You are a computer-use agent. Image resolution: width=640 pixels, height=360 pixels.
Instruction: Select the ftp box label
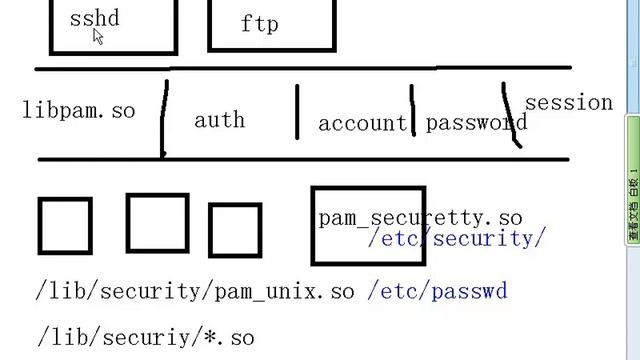(259, 23)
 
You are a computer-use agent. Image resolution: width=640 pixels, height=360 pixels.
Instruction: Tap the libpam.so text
(78, 111)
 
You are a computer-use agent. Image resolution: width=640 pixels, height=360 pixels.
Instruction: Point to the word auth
(219, 120)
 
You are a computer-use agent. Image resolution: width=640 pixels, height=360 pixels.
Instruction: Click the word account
(362, 124)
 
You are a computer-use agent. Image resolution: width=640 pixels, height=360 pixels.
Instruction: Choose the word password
(475, 123)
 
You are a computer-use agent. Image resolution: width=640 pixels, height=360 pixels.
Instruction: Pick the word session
(568, 102)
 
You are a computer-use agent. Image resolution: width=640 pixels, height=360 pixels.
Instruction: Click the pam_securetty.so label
(420, 217)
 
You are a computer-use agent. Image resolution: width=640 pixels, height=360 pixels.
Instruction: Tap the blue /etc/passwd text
(437, 291)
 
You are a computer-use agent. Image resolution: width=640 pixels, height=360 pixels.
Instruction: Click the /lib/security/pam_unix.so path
(195, 291)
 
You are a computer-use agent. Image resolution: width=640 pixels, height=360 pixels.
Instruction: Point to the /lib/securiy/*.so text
(146, 337)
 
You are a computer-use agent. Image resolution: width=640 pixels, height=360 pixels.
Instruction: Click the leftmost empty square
(65, 226)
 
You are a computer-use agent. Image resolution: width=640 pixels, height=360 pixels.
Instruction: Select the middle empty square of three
(157, 223)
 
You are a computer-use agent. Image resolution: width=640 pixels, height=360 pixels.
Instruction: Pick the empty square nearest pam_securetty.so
(235, 231)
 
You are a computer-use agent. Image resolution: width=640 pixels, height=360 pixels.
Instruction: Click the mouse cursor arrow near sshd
(98, 36)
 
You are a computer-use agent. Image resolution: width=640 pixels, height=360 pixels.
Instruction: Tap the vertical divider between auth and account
(297, 112)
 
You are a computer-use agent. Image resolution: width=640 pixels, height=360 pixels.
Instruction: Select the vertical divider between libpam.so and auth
(165, 118)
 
